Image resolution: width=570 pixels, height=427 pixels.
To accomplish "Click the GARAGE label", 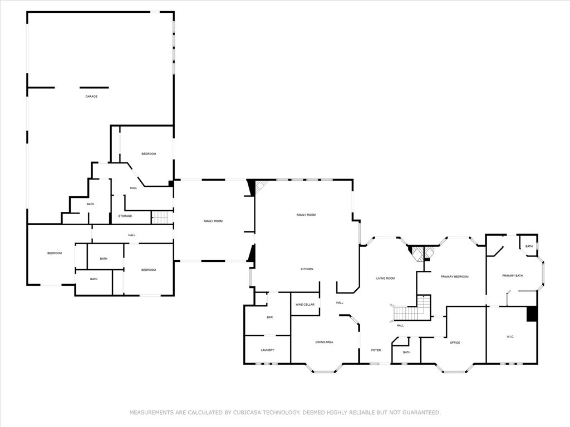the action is tap(91, 97).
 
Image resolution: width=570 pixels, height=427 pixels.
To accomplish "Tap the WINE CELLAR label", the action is tap(305, 305).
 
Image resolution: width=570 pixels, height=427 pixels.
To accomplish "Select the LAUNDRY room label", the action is tap(268, 350).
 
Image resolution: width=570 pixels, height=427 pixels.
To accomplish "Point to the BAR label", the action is tap(270, 317).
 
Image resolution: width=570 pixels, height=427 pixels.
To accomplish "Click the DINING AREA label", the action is tap(325, 342).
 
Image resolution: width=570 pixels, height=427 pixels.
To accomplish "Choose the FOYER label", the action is tap(376, 350).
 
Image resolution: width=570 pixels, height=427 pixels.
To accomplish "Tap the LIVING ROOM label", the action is tap(385, 279).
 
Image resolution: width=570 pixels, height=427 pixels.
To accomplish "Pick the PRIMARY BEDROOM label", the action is tap(454, 277).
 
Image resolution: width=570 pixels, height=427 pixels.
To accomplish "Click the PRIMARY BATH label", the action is tap(513, 276).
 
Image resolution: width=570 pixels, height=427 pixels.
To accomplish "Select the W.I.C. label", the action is tap(510, 337).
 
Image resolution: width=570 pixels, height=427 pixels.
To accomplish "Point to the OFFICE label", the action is tap(455, 342).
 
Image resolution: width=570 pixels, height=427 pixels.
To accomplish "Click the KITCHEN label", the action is tap(307, 269).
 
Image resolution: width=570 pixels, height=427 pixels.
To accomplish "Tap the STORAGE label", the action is tap(125, 216).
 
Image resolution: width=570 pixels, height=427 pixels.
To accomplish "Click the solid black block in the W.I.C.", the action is tap(532, 314).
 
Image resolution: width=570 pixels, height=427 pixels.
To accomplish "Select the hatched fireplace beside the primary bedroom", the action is tap(422, 253).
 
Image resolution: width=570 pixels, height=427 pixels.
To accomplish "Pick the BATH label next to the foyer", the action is tap(407, 352).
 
